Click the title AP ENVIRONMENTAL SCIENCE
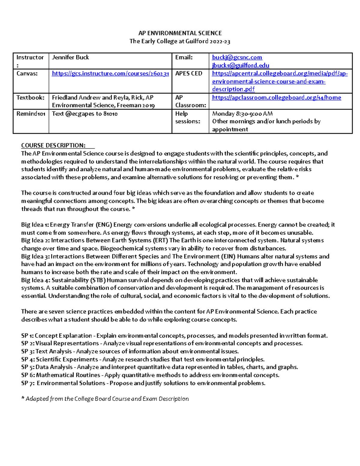pos(180,33)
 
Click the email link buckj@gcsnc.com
pos(237,57)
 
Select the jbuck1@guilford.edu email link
pos(240,65)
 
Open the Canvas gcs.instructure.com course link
pos(110,74)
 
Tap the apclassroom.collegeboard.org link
pos(276,98)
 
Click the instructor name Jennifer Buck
pos(70,57)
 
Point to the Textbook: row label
pos(30,98)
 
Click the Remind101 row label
pos(31,114)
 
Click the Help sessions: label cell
pos(187,118)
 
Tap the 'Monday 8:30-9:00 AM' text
pos(242,114)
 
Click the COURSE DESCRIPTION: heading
pos(53,146)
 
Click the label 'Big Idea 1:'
pos(35,225)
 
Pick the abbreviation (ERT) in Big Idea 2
pos(160,241)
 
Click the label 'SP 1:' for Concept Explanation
pos(27,336)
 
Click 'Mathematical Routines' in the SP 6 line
pos(68,375)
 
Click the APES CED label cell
pos(189,74)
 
